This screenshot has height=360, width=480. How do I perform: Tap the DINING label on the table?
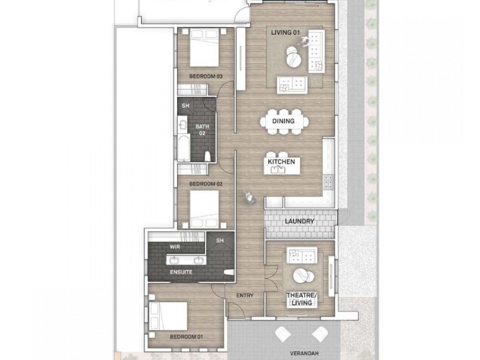coord(283,121)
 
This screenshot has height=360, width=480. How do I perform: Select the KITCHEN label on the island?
coord(281,163)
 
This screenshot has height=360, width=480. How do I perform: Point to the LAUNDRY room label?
coord(300,221)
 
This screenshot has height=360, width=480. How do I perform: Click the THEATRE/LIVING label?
coord(300,299)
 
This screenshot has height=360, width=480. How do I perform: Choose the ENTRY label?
coord(245,295)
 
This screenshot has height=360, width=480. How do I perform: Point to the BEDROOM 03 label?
coord(206,76)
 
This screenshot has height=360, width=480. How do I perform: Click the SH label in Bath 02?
coord(186,105)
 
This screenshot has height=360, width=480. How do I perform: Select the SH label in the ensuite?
coord(219,241)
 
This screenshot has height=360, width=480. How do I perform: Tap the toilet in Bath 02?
coord(208,156)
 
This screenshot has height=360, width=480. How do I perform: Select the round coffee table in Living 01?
coord(294,60)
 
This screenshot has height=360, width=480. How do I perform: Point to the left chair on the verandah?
coord(282,334)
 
